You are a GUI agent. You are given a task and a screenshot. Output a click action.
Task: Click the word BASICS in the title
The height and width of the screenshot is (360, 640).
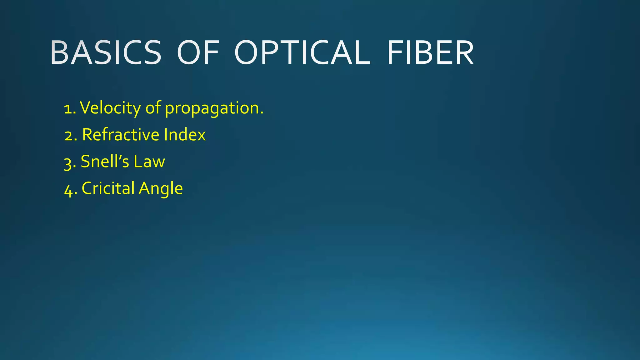tap(106, 53)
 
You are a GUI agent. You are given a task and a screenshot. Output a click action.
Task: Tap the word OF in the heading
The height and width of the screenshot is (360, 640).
tap(198, 53)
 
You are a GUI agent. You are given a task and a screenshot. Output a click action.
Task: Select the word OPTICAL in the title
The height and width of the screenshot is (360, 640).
tap(302, 53)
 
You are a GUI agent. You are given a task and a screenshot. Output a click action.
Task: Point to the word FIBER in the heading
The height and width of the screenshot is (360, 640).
tap(430, 53)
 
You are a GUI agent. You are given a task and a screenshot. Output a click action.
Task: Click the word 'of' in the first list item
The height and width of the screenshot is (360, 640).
tap(153, 107)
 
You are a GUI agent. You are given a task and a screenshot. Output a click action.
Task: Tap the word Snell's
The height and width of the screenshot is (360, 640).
tap(105, 162)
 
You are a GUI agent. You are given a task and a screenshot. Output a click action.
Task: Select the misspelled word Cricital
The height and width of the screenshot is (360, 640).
tap(108, 188)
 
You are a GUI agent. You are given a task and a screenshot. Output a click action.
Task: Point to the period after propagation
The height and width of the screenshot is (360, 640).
tap(262, 113)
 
